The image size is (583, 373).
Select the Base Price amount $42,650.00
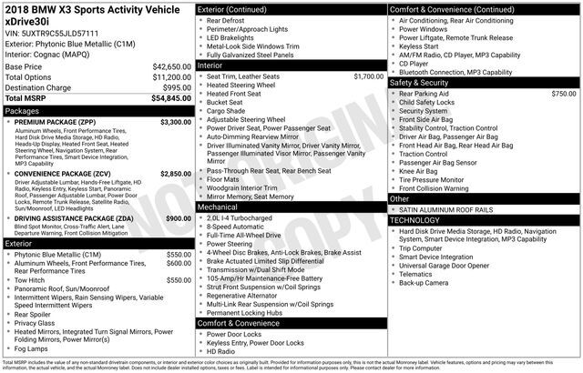171,67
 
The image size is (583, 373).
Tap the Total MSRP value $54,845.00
171,97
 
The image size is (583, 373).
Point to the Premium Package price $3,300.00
175,121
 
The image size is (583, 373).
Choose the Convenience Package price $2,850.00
175,173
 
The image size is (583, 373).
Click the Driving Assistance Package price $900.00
178,218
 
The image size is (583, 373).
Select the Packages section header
22,110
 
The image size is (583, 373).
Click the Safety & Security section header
424,82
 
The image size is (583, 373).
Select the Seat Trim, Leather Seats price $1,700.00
368,76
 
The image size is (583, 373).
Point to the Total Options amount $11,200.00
171,77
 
